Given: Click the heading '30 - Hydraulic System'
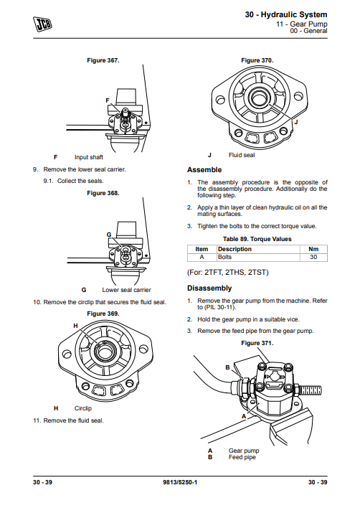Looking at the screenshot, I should [285, 14].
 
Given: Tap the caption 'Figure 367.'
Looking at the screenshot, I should [102, 60].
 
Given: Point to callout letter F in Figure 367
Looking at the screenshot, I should [107, 100].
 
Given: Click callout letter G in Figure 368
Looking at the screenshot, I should [108, 235].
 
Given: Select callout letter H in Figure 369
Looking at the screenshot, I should [75, 326].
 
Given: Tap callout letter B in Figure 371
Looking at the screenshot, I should [227, 367].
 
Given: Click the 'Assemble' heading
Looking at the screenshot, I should [204, 170].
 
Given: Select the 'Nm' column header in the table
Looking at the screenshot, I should [313, 249].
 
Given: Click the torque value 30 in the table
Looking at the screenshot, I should [313, 256].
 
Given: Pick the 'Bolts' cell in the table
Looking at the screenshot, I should [225, 256].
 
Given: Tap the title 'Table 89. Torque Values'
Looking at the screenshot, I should [257, 239].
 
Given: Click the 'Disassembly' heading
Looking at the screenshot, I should [209, 288].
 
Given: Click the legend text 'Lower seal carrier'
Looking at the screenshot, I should [126, 290].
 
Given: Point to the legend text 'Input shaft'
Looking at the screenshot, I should [89, 156].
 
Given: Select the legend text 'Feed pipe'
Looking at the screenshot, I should [242, 457].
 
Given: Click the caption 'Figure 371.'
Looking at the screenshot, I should [257, 343].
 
